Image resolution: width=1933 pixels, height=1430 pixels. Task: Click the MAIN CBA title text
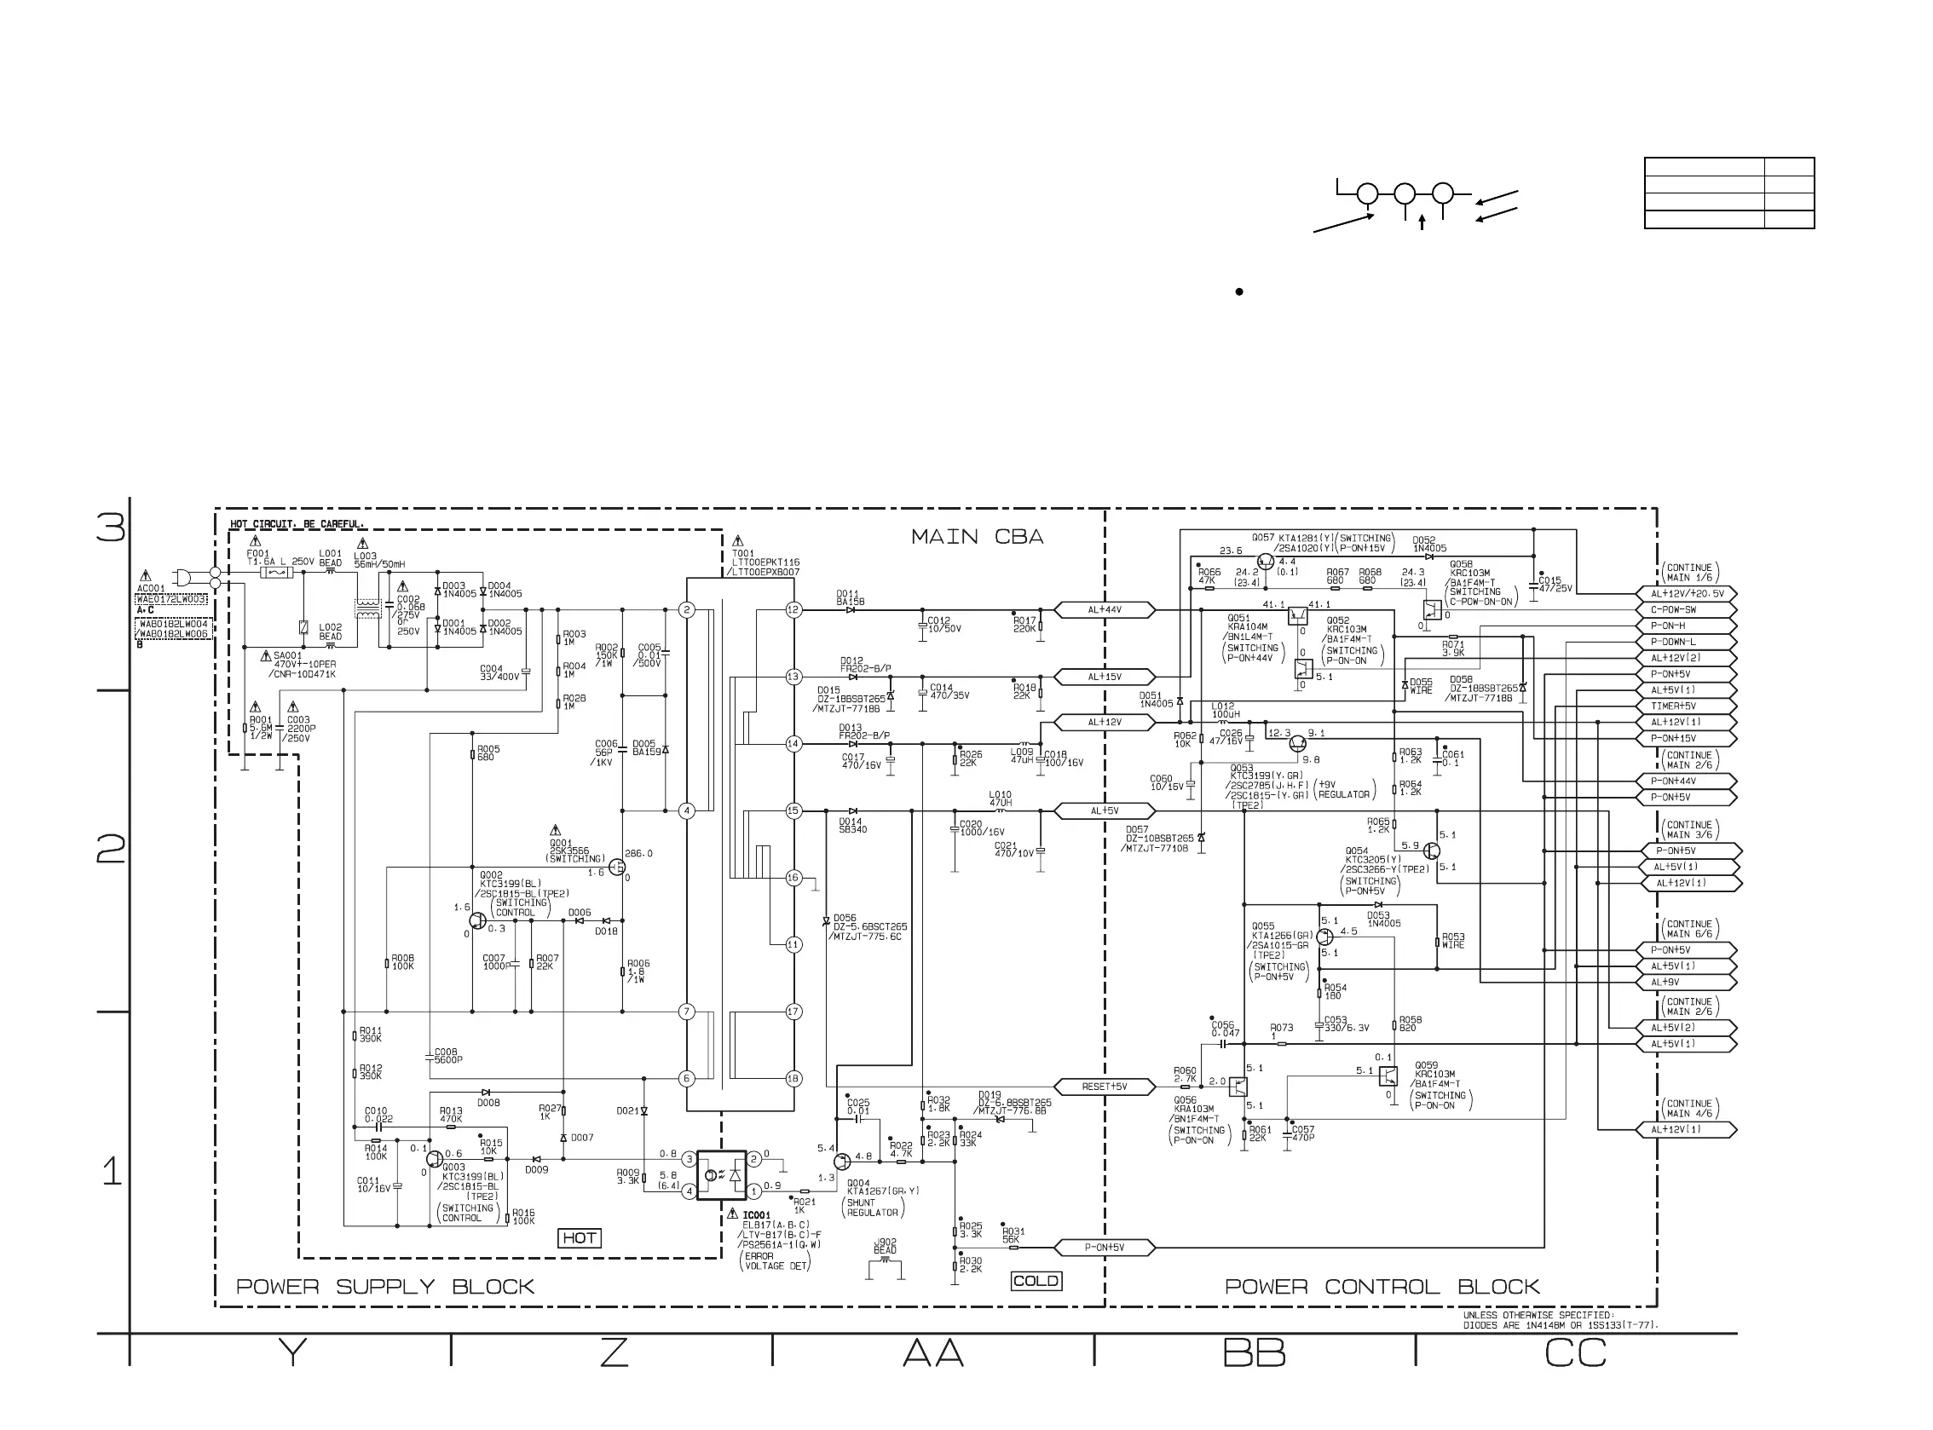(x=977, y=537)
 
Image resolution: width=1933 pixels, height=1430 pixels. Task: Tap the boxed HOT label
(x=579, y=1238)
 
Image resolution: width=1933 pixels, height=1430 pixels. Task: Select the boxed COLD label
(x=1036, y=1280)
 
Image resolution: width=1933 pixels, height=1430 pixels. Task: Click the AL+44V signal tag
(x=1104, y=610)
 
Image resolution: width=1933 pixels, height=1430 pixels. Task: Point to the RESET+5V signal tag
(x=1104, y=1087)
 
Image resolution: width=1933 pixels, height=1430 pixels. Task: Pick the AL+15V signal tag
(x=1104, y=677)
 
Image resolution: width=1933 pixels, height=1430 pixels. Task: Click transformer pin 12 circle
(x=793, y=610)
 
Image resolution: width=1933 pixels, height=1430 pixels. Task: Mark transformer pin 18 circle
(x=793, y=1079)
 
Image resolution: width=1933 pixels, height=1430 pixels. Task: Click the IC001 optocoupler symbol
(x=722, y=1174)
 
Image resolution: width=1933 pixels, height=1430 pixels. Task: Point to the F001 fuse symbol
(x=277, y=573)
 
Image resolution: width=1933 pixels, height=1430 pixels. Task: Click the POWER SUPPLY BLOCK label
(x=385, y=1287)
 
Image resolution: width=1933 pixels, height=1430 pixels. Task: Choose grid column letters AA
(x=933, y=1353)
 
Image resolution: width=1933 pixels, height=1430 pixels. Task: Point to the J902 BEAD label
(x=885, y=1246)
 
